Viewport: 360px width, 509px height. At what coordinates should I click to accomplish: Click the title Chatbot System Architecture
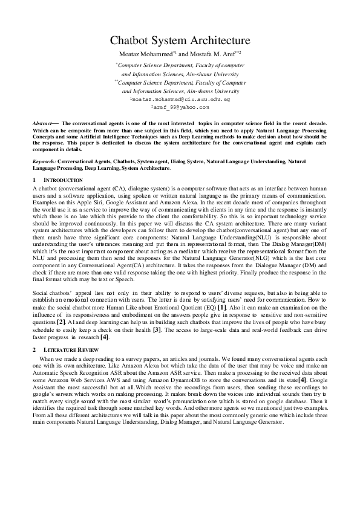180,41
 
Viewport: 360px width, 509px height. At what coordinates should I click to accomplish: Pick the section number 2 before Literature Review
34,351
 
